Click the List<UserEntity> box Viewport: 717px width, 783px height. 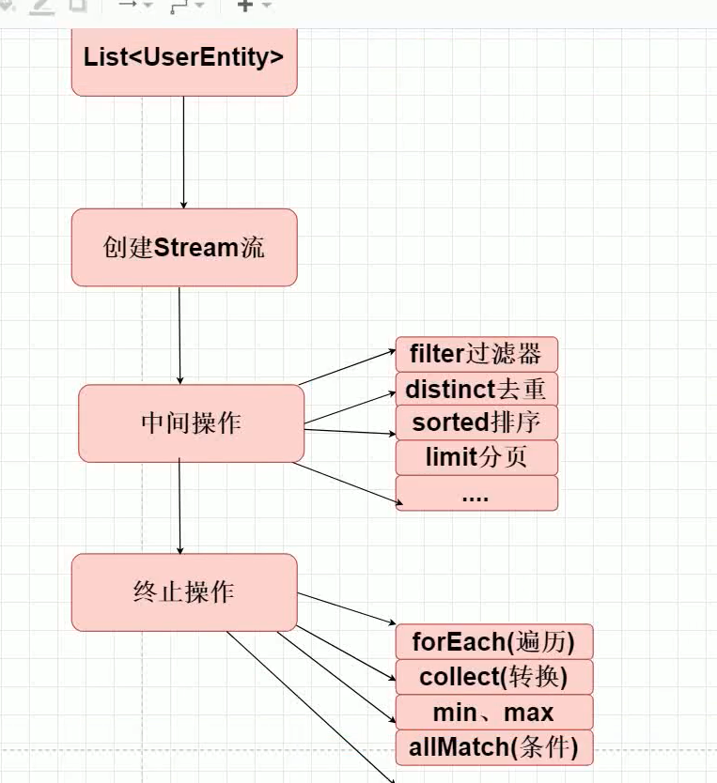(x=184, y=58)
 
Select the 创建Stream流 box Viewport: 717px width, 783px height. (x=184, y=248)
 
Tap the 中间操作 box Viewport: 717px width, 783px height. (x=191, y=423)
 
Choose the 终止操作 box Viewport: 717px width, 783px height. (x=184, y=592)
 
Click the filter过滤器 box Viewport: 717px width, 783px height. (x=476, y=354)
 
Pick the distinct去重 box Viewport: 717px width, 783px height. (x=476, y=389)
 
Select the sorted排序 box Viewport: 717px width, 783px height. (x=476, y=422)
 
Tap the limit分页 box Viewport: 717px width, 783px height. (x=476, y=458)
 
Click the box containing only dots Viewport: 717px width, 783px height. (x=476, y=494)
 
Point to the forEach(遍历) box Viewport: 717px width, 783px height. (x=493, y=642)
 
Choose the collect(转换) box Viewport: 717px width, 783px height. (x=493, y=677)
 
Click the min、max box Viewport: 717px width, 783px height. (x=493, y=713)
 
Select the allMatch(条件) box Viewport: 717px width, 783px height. (x=493, y=748)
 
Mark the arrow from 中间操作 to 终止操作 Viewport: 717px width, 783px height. (x=179, y=508)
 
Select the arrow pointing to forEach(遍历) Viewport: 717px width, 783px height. (x=348, y=607)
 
